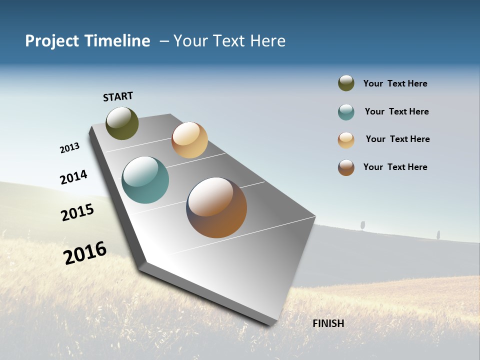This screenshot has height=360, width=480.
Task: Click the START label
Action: pos(118,96)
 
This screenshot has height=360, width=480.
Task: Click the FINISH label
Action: pos(328,323)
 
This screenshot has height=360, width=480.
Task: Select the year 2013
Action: pos(69,148)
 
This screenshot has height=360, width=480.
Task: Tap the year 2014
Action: pos(73,177)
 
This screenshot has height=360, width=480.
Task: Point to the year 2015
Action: pos(77,212)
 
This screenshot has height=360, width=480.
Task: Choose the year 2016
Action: pos(85,252)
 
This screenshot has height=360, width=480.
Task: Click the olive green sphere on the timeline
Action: pos(122,123)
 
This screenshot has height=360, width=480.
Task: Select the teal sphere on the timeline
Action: pos(145,180)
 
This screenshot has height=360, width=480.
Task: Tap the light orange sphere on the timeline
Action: pos(189,140)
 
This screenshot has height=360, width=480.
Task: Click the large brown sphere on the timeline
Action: pos(216,207)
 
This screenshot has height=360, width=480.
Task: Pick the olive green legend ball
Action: pos(346,83)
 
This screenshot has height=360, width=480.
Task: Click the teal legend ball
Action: pos(346,112)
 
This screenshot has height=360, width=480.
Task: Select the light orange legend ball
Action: pos(346,140)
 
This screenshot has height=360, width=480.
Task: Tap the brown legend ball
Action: pos(346,167)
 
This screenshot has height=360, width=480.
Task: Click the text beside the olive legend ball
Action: pos(395,83)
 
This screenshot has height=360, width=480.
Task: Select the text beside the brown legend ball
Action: pos(395,167)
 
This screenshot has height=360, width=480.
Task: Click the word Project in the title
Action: pos(51,41)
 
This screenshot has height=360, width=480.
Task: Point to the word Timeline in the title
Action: pos(119,41)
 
